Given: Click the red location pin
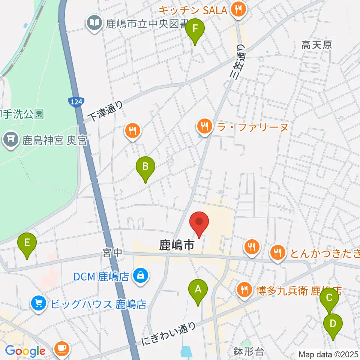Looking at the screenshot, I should pos(199,223).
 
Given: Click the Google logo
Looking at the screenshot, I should pos(25,351).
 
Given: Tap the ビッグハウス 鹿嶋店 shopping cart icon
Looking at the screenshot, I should pos(39,303).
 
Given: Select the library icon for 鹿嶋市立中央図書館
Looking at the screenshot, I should pos(94,24).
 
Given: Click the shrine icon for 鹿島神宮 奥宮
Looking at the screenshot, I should pos(11,141).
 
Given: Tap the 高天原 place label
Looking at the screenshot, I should pos(317,45).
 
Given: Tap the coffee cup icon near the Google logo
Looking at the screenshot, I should pos(61,349).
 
